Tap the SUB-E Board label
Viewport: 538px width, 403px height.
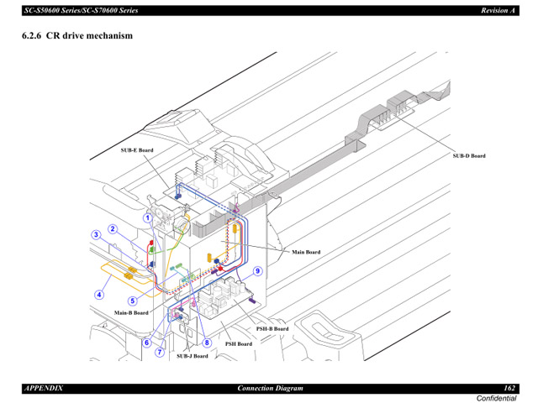(x=137, y=150)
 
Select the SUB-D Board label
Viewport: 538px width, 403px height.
(x=469, y=155)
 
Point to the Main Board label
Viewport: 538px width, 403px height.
(x=306, y=252)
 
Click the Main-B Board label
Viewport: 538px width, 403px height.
(x=131, y=312)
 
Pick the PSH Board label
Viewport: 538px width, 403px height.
(x=238, y=343)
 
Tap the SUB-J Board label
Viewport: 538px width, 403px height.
(x=192, y=356)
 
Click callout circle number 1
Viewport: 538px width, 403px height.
(x=147, y=217)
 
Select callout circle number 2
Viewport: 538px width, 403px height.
(x=112, y=229)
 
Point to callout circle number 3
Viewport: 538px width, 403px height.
(x=97, y=235)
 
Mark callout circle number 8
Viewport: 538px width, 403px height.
(x=206, y=343)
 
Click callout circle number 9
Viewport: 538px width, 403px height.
(x=258, y=270)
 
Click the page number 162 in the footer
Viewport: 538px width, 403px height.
(x=509, y=388)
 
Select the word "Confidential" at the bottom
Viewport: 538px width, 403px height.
(x=497, y=397)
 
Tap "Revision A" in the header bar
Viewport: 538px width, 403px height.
(x=498, y=9)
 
